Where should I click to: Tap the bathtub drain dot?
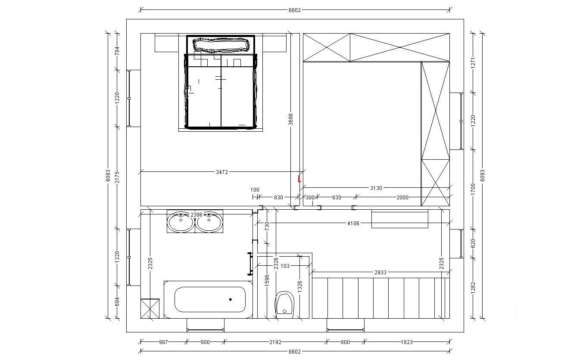click(230, 299)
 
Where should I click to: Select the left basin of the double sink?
click(181, 222)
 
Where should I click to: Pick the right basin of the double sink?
click(209, 222)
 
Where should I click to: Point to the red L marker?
click(299, 179)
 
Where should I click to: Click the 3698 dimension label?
click(291, 119)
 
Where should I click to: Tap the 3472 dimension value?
click(222, 172)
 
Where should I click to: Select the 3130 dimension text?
click(376, 188)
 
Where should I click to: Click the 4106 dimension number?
click(353, 223)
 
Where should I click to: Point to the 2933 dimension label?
click(380, 273)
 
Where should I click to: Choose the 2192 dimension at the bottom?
click(275, 342)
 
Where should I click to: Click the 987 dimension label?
click(163, 342)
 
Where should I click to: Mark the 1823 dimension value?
click(407, 342)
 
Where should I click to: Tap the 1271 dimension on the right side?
click(473, 63)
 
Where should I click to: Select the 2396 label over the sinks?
click(196, 214)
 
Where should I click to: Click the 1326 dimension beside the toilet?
click(300, 287)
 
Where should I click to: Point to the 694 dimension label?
click(117, 302)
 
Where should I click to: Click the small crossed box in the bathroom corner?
click(150, 308)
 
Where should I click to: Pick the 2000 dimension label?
click(402, 198)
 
